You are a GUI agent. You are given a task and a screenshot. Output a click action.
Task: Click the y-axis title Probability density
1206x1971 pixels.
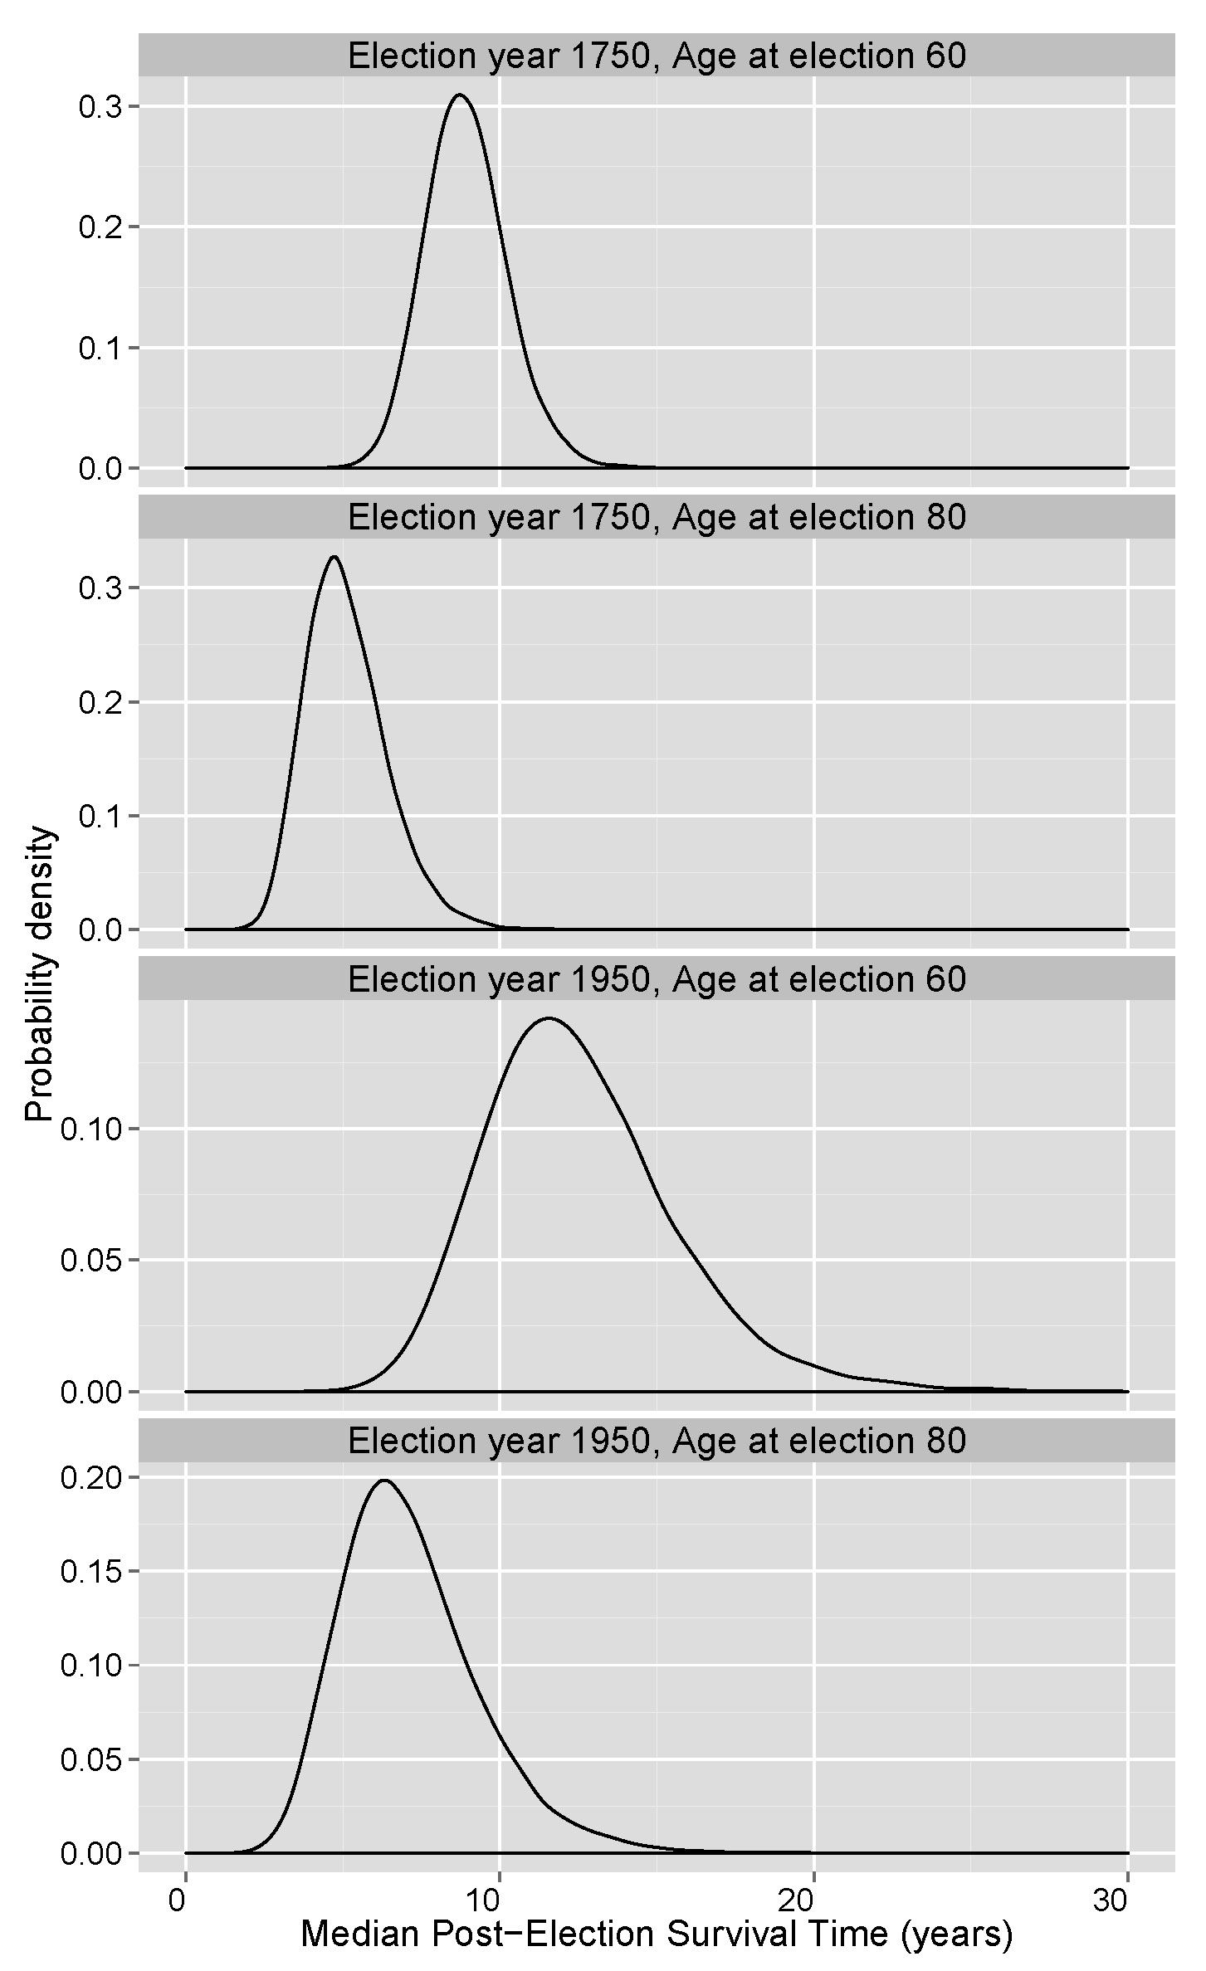click(39, 975)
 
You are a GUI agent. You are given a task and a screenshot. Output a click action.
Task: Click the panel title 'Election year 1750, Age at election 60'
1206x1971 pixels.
click(656, 56)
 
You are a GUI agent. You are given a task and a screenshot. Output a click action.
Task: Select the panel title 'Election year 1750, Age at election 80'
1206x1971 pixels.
click(656, 517)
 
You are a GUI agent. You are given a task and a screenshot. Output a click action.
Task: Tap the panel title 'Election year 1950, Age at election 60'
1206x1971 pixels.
click(656, 979)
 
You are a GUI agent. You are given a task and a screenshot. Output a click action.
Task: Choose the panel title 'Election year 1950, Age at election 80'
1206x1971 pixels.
click(656, 1441)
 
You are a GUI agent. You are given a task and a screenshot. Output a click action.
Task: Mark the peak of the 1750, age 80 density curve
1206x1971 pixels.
click(334, 557)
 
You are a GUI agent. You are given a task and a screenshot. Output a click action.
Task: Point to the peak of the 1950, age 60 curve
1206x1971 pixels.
click(548, 1018)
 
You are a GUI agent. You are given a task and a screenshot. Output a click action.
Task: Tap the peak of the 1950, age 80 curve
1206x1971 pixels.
click(384, 1480)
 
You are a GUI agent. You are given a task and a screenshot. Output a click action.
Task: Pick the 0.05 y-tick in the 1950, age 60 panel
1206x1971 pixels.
click(91, 1260)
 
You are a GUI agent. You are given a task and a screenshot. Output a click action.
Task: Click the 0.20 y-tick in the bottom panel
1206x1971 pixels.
click(91, 1478)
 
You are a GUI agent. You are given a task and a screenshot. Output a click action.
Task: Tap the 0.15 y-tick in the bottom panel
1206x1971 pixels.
click(91, 1572)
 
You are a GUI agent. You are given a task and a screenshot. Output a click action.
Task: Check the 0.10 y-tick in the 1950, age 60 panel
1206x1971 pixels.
click(91, 1129)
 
